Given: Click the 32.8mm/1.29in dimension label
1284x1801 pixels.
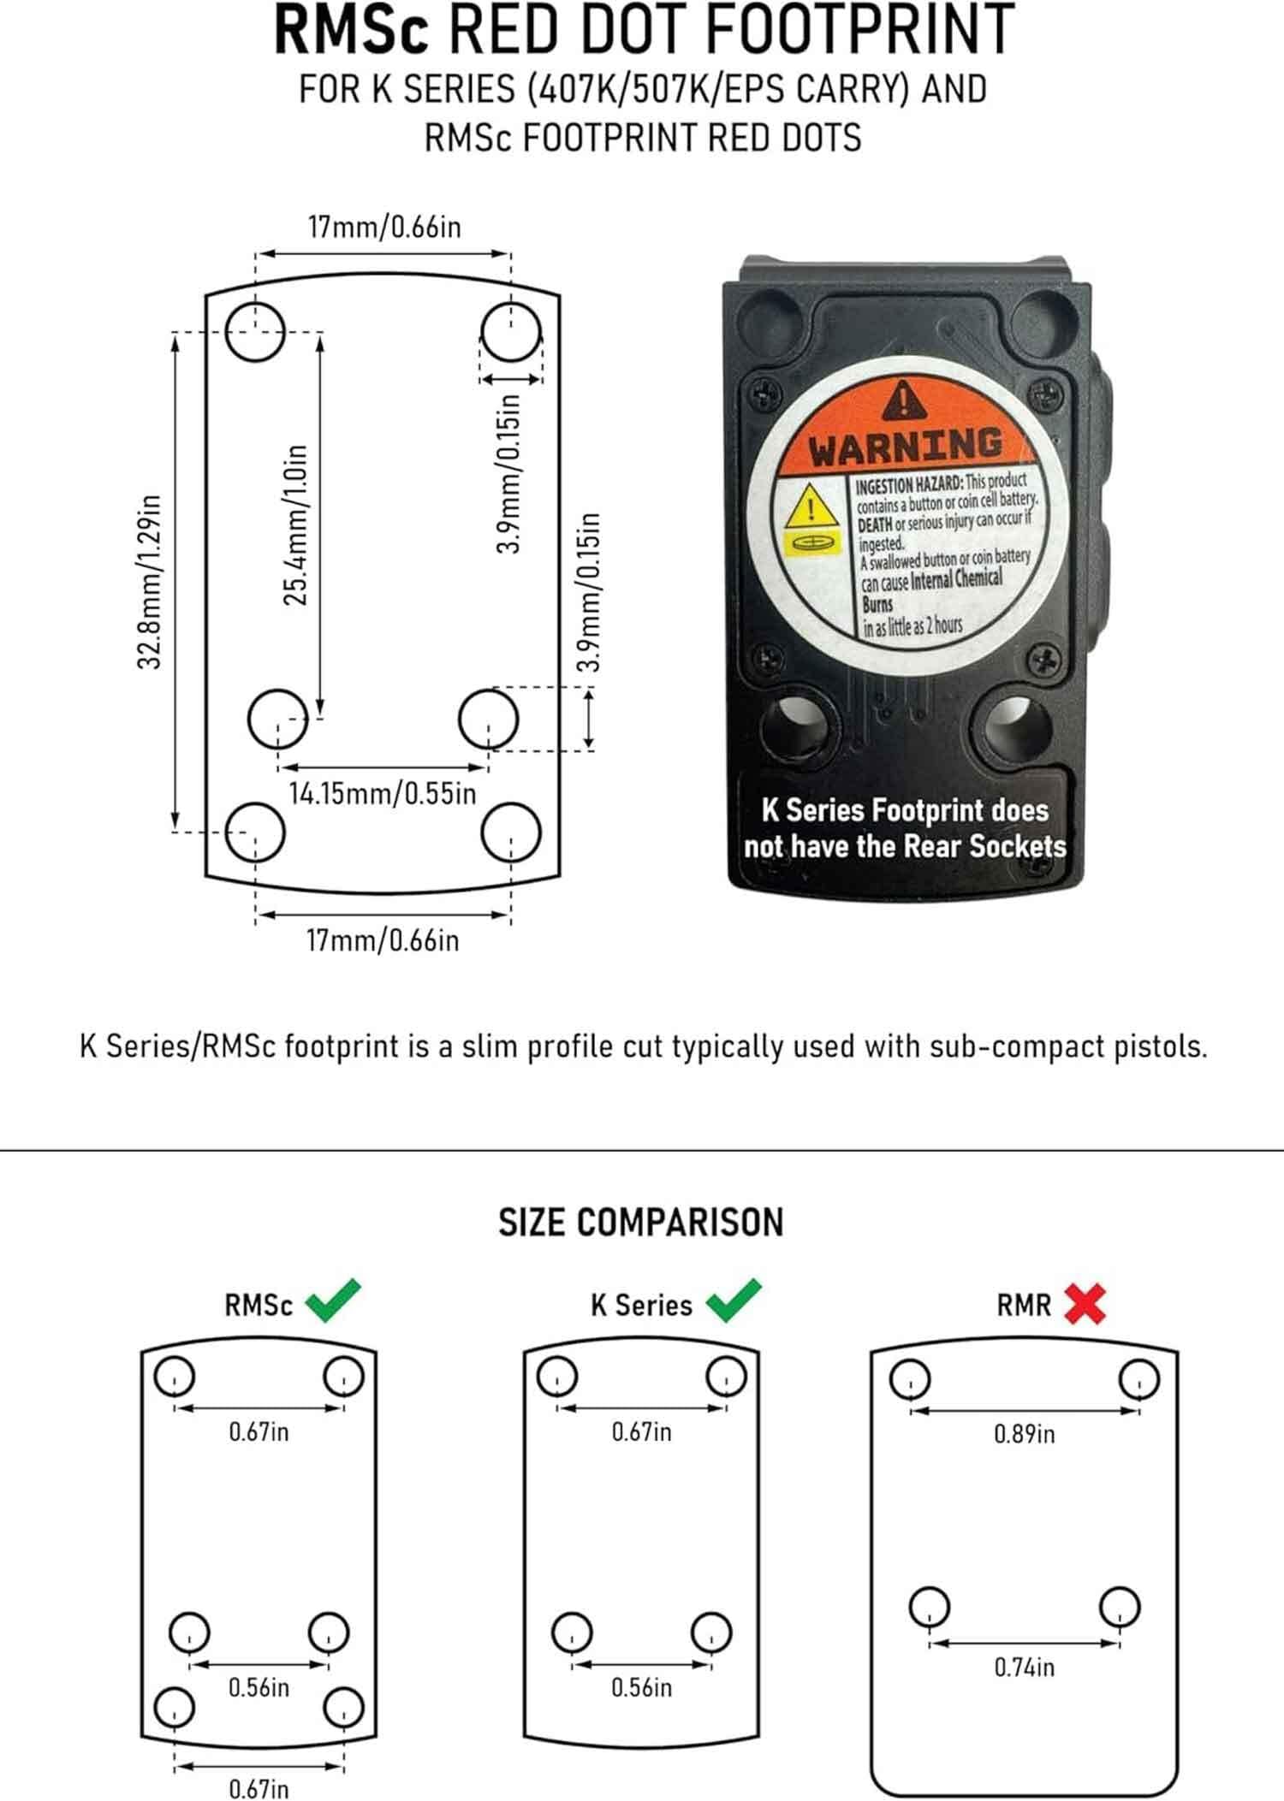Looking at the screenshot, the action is [x=150, y=581].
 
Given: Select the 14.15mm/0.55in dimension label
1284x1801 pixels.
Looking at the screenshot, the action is [x=382, y=793].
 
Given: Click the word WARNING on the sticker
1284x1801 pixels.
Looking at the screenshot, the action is [x=906, y=447].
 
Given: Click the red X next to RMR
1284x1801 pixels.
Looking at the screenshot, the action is [x=1085, y=1305].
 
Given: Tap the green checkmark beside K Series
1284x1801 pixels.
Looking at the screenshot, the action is [x=734, y=1300].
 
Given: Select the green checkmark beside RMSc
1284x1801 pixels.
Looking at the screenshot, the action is [x=334, y=1300].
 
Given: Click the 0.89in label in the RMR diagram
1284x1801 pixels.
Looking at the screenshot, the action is [x=1024, y=1434].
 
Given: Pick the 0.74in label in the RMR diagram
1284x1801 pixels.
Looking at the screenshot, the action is [x=1024, y=1667].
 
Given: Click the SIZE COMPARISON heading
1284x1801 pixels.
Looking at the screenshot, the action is [x=641, y=1223].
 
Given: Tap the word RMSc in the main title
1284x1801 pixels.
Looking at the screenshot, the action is [x=351, y=30].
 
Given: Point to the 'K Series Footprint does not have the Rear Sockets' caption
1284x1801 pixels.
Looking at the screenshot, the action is [x=905, y=828].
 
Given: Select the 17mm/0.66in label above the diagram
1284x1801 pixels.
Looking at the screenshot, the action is [x=384, y=228].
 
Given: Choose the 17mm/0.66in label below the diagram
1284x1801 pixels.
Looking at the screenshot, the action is [x=383, y=941].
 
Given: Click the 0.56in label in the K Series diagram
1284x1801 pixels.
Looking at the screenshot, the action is [x=641, y=1688].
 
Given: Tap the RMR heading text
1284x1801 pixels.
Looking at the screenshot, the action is [x=1024, y=1306].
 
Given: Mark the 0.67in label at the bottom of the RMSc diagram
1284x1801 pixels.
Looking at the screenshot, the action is [x=259, y=1788].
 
